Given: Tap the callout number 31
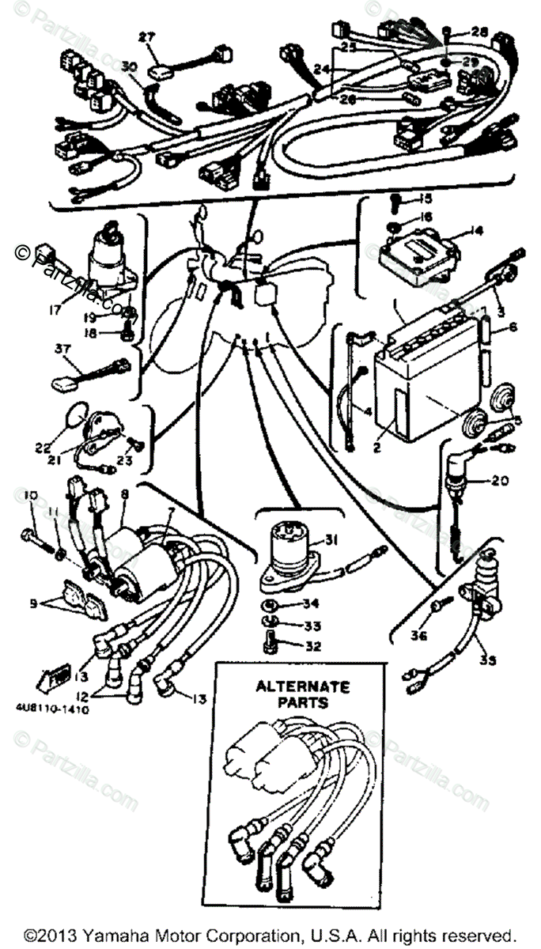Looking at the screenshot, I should (x=331, y=540).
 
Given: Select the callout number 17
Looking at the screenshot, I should (x=55, y=311).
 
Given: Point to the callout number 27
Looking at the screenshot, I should (x=148, y=36).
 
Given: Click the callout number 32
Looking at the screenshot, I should (x=314, y=645).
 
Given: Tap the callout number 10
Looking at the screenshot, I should (x=31, y=496).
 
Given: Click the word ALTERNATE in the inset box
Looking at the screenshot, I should (x=291, y=686).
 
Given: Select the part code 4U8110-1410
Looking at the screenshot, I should (x=50, y=710).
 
